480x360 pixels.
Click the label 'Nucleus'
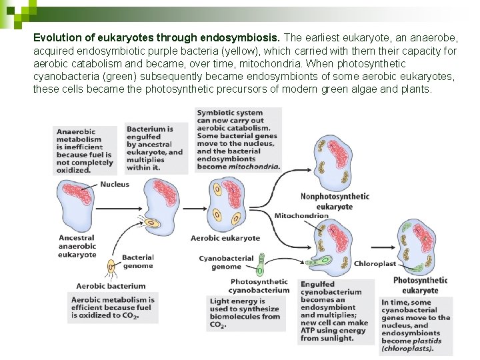(x=115, y=184)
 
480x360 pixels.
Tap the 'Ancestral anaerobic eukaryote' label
(x=77, y=246)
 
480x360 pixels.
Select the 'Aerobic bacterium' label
(x=101, y=286)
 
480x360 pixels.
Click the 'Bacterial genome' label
(x=138, y=261)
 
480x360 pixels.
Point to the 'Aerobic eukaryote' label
(x=225, y=238)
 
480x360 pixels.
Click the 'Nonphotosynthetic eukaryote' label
(x=335, y=201)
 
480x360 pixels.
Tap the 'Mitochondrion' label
(x=301, y=216)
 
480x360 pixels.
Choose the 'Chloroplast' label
(x=375, y=263)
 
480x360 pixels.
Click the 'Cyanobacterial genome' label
(x=226, y=262)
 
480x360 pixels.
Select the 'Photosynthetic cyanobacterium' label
(x=259, y=285)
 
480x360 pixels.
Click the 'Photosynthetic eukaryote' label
(x=420, y=285)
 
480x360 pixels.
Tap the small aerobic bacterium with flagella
(x=111, y=268)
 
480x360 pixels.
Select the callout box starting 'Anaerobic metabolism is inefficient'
(x=83, y=151)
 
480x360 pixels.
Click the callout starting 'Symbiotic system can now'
(x=238, y=140)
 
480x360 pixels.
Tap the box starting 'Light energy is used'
(x=245, y=313)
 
